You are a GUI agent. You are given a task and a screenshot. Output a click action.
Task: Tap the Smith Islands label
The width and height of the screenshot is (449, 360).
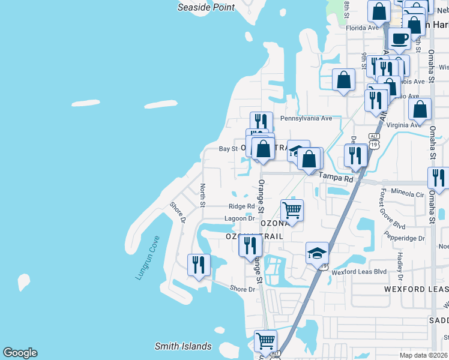coord(183,346)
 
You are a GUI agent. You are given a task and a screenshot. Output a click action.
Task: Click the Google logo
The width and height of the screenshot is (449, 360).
coord(20,353)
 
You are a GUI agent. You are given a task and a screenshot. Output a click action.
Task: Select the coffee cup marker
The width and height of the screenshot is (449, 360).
coord(399,40)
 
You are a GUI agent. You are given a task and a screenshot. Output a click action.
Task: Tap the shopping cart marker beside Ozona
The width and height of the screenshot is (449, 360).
coord(292,211)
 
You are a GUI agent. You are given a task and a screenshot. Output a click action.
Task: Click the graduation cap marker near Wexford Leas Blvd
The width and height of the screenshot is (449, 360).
coord(317,254)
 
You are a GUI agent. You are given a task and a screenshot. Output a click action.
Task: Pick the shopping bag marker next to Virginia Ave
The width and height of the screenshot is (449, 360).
coord(420,110)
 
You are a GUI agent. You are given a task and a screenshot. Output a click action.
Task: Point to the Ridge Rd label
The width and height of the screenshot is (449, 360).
coord(241,206)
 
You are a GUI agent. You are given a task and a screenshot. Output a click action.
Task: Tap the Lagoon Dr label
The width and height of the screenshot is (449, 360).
coord(240,219)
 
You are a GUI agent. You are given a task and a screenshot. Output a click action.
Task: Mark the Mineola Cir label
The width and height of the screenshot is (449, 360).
coord(408,194)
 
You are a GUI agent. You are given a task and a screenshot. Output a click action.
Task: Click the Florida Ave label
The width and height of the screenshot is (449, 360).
coord(363,28)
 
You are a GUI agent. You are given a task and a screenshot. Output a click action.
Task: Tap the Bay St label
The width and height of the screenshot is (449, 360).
coord(228,149)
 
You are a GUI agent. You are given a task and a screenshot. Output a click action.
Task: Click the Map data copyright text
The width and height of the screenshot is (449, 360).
coord(423,355)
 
